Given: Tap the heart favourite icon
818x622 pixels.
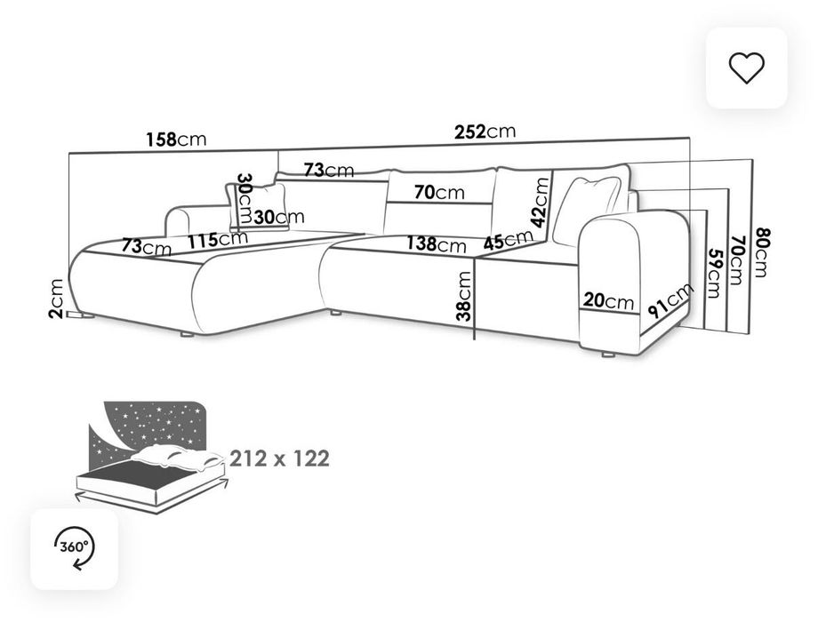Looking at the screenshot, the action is coord(746,68).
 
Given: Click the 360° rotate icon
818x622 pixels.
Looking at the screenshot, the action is coord(74,548).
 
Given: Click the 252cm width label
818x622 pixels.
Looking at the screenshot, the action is coord(485,132).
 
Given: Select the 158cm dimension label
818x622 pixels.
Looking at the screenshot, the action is coord(176,140).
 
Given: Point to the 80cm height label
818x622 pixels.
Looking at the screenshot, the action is coord(761,253).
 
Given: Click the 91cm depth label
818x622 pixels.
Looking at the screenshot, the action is coord(671,301).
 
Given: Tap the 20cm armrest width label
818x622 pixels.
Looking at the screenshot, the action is coord(608,301).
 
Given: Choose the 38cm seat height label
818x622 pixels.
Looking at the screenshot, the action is coord(464,296).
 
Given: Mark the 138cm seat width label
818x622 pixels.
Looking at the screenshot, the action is coord(437,243).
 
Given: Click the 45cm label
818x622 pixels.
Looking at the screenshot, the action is coord(508,240).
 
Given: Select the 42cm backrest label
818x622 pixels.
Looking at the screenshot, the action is coord(540,203).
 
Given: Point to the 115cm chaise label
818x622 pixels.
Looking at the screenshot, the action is coord(218,240).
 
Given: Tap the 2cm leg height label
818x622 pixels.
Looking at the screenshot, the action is coord(55,299).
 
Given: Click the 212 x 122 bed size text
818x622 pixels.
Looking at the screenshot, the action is coord(279,459).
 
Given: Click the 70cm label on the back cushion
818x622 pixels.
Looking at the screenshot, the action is coord(439,193).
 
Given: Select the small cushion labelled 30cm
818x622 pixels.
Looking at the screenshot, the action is coord(258,206).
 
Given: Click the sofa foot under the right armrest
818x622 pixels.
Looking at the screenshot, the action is coord(608,355).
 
